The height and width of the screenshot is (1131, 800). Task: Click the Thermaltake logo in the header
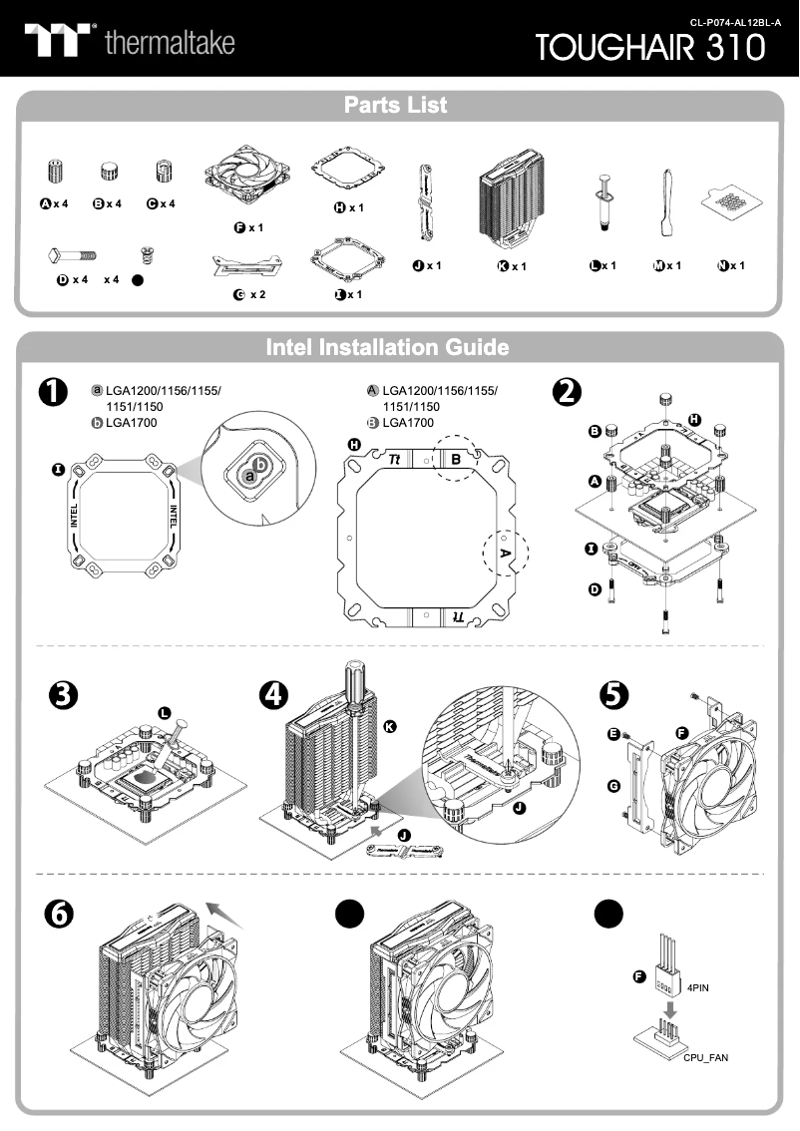tap(130, 41)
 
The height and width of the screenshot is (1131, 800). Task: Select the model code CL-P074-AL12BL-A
tap(735, 21)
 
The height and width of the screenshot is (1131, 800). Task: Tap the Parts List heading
tap(395, 105)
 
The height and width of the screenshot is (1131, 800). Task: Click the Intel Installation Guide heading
tap(387, 347)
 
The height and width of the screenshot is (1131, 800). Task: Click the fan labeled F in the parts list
tap(247, 177)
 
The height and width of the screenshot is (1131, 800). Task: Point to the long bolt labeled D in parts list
tap(70, 255)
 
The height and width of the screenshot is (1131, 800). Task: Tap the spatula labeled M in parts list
tap(665, 205)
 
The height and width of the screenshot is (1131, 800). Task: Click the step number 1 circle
tap(50, 393)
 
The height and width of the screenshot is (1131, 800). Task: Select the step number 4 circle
tap(272, 695)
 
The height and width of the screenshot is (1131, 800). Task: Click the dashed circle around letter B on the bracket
tap(456, 460)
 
